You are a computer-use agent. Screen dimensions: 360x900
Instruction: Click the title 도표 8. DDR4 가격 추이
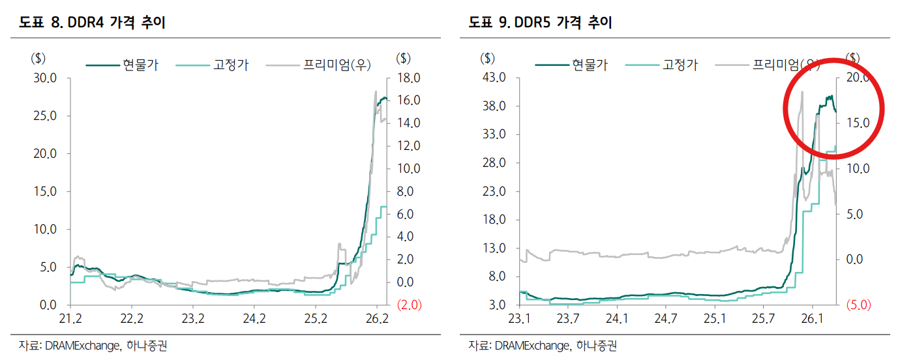(x=92, y=23)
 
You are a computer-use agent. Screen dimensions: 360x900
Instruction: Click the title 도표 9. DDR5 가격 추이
(x=541, y=23)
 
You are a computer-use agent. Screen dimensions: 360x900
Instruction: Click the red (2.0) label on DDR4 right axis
(x=408, y=305)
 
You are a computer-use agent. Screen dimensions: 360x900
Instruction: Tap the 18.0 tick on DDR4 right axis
(x=408, y=78)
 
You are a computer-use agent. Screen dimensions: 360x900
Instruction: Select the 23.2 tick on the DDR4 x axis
(x=193, y=319)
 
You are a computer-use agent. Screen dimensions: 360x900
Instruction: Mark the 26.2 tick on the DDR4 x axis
(x=377, y=319)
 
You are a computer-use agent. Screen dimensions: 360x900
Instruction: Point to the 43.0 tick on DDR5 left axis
(x=494, y=78)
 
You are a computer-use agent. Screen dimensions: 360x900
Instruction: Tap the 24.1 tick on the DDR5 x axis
(x=616, y=319)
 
